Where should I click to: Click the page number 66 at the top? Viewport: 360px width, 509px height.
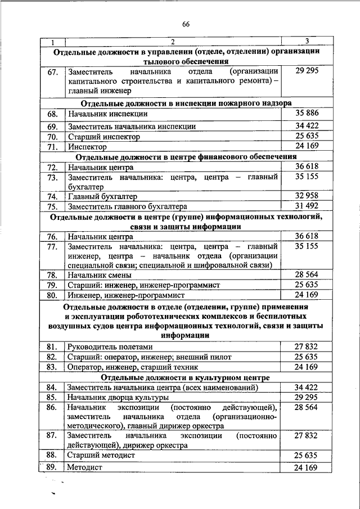(186, 23)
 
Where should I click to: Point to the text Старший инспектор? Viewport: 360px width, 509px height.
(103, 137)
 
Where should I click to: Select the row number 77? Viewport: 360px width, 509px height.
(52, 246)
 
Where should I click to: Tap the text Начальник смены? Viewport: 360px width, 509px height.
(100, 276)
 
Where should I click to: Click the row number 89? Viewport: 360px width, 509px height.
(52, 467)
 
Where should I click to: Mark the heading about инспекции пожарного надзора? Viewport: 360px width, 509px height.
(186, 103)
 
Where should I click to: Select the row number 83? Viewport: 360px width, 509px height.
(52, 367)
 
